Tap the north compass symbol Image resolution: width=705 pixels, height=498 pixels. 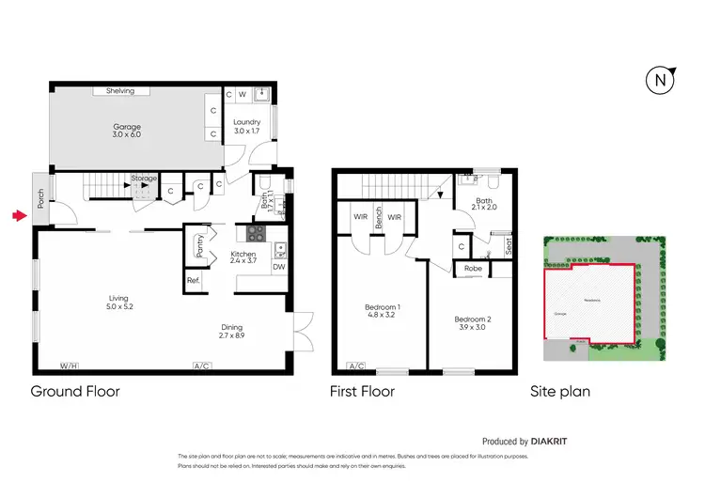pyautogui.click(x=662, y=81)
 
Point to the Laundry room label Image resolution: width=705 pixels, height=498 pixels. pyautogui.click(x=248, y=126)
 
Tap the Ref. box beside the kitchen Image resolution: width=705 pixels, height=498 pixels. pyautogui.click(x=193, y=280)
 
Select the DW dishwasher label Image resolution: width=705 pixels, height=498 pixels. pyautogui.click(x=278, y=267)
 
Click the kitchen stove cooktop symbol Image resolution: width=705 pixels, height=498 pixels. pyautogui.click(x=258, y=233)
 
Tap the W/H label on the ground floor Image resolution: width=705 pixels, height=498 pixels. pyautogui.click(x=69, y=365)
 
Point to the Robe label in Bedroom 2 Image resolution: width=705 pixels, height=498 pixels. pyautogui.click(x=473, y=269)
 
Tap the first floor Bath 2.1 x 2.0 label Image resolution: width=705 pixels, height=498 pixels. pyautogui.click(x=485, y=203)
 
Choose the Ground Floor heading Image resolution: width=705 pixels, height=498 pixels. pyautogui.click(x=75, y=391)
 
